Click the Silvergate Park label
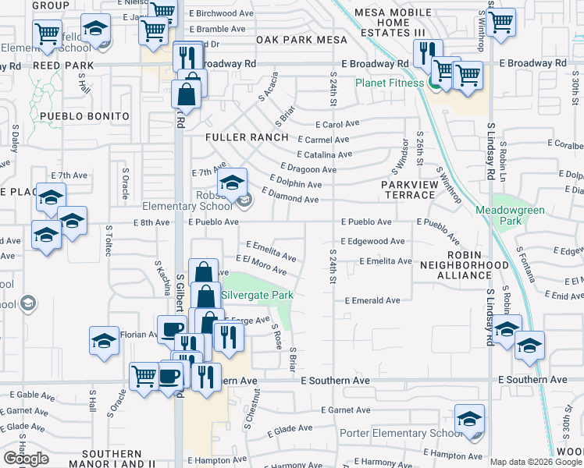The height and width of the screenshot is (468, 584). (x=258, y=296)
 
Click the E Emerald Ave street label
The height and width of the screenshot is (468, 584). (x=372, y=300)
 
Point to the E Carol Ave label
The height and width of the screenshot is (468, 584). (x=337, y=124)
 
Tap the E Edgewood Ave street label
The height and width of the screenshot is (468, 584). (x=372, y=242)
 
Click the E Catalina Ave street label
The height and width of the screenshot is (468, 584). (x=323, y=154)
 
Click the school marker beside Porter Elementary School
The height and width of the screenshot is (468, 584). (x=469, y=418)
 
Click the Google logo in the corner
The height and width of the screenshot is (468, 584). (x=26, y=459)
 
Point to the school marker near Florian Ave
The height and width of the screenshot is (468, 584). (x=104, y=340)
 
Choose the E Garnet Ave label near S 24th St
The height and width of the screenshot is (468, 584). (x=344, y=409)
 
